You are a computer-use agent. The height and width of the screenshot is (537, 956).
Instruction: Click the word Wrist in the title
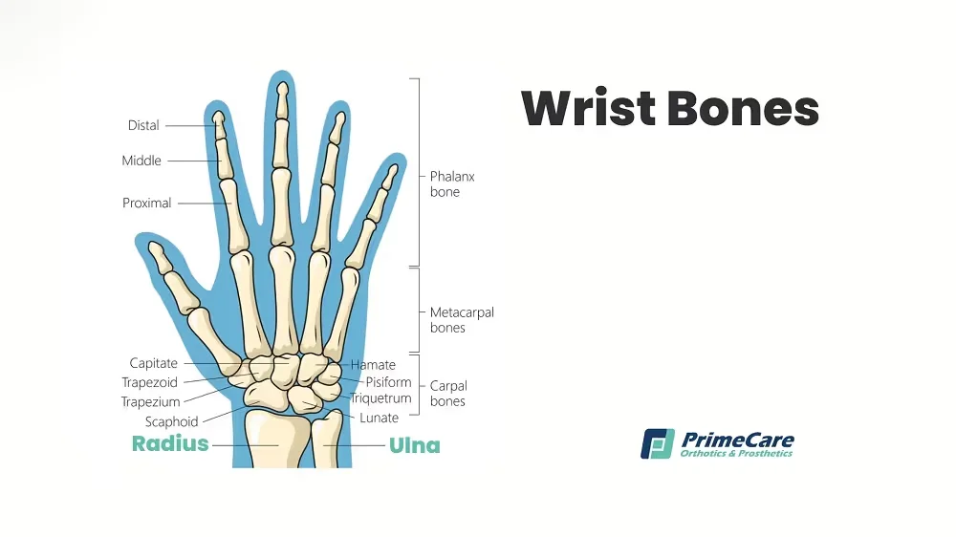pos(588,108)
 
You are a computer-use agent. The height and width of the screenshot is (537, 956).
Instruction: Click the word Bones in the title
pos(743,108)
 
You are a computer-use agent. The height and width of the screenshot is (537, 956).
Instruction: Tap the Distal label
pos(143,125)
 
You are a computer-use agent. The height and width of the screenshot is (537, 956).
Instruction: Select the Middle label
pos(141,161)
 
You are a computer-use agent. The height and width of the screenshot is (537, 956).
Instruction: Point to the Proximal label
pos(147,203)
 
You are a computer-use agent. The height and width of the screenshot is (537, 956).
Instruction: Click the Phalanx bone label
pos(452,184)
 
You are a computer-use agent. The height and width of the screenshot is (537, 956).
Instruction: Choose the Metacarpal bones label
pos(462,320)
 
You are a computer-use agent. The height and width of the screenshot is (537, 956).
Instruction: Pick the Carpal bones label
pos(448,393)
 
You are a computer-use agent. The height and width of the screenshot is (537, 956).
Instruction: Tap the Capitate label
pos(154,363)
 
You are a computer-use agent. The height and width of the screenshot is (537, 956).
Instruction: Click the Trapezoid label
pos(149,382)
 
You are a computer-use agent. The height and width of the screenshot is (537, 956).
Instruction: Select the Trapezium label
pos(151,401)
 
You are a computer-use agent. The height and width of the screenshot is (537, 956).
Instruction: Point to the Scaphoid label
pos(171,421)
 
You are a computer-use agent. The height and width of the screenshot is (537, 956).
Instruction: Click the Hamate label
pos(373,364)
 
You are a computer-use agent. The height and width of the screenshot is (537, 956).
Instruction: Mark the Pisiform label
pos(388,382)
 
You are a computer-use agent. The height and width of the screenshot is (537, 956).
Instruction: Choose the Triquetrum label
pos(381,398)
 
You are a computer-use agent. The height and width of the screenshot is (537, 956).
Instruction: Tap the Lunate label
pos(379,418)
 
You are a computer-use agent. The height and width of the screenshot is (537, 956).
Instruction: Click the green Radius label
pos(170,443)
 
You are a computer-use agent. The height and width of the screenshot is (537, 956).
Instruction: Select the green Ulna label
pos(415,445)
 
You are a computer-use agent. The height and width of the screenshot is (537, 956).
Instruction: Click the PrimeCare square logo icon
pos(658,443)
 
